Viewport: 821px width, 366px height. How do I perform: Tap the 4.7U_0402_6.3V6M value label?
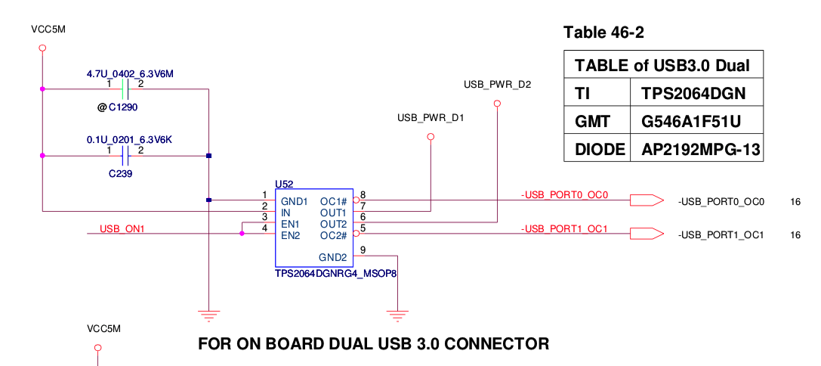[130, 73]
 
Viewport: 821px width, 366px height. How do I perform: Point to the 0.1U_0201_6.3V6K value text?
[130, 140]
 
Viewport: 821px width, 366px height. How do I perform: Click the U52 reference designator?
[284, 184]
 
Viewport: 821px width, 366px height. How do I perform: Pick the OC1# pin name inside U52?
[333, 201]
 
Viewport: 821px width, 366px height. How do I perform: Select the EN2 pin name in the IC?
[291, 235]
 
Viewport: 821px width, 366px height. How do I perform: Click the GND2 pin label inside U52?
[332, 256]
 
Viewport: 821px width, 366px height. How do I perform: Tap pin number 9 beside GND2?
[363, 250]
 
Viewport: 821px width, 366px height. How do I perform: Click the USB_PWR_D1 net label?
[431, 119]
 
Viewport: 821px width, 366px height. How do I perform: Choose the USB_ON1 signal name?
[122, 228]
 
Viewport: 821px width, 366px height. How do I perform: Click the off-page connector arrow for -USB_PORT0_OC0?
[647, 200]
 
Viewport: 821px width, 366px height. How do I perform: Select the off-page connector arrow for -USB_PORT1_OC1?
[647, 234]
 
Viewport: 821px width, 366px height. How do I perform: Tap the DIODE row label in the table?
[597, 149]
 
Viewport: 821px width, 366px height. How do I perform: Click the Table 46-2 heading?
[603, 33]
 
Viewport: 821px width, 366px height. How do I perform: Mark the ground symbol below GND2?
[395, 311]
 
